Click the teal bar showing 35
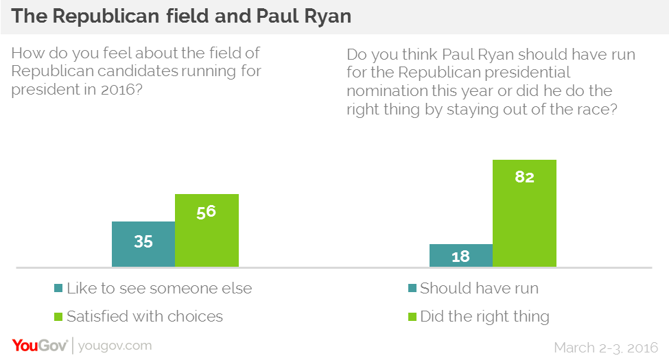coord(143,243)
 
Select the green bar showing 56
coord(207,230)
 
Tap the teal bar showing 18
coord(460,256)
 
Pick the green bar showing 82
coord(524,213)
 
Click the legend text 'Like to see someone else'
coord(159,288)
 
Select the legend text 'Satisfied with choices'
coord(144,316)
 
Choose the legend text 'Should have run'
coord(479,288)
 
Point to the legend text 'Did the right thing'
coord(484,316)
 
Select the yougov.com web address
coord(115,346)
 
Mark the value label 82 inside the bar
coord(524,177)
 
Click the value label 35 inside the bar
coord(143,241)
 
